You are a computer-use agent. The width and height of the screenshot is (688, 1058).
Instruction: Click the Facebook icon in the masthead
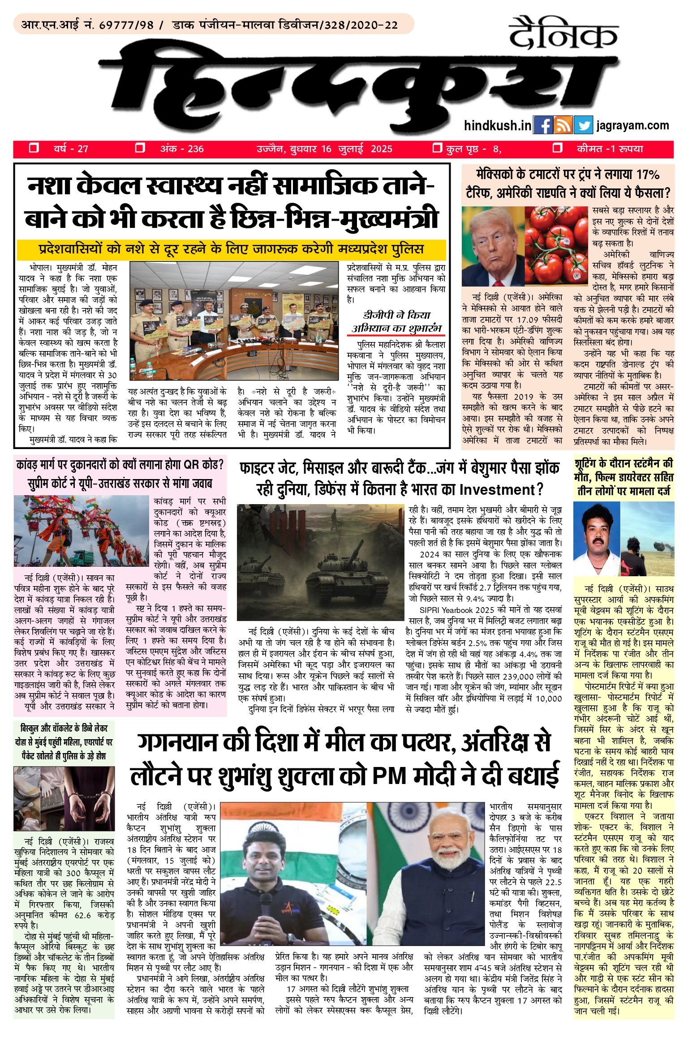pyautogui.click(x=543, y=125)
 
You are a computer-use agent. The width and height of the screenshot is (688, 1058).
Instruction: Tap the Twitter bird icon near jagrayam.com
pyautogui.click(x=583, y=125)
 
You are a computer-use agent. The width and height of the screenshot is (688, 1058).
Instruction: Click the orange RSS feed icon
pyautogui.click(x=563, y=125)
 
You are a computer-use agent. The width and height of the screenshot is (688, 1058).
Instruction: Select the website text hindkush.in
pyautogui.click(x=497, y=125)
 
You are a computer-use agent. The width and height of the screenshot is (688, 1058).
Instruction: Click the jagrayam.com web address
pyautogui.click(x=632, y=125)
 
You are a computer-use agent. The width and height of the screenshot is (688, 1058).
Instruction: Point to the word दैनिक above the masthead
pyautogui.click(x=563, y=33)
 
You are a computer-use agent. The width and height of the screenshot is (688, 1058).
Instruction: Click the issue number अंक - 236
pyautogui.click(x=181, y=149)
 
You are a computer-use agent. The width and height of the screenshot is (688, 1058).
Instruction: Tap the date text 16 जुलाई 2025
pyautogui.click(x=356, y=149)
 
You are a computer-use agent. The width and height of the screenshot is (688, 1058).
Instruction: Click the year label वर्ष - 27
pyautogui.click(x=71, y=149)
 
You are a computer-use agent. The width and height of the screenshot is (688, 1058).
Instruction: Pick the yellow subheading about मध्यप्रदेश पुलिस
pyautogui.click(x=231, y=249)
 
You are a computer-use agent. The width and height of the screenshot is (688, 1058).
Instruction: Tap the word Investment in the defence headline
pyautogui.click(x=496, y=489)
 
